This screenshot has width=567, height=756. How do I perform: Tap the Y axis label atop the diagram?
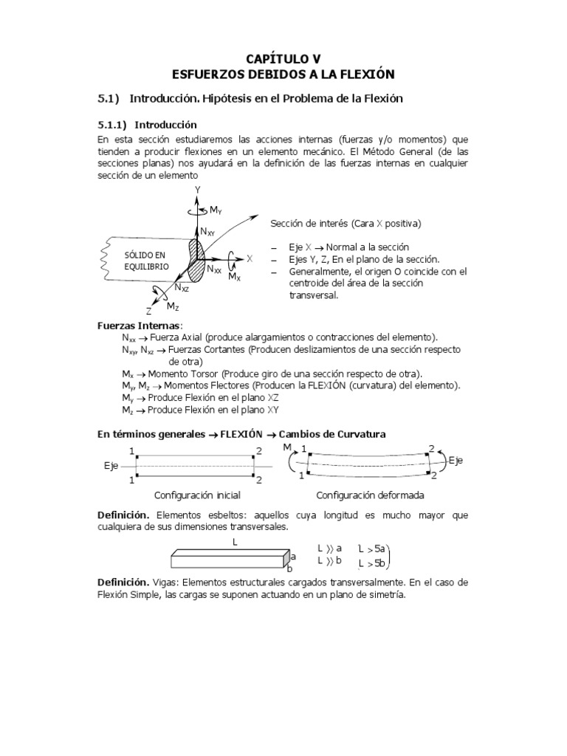point(198,190)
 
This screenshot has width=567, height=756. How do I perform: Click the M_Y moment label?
point(216,211)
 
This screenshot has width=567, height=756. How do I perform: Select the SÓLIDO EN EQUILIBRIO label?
point(146,260)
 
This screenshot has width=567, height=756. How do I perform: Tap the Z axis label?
point(148,311)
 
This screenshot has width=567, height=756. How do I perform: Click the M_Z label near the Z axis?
point(173,306)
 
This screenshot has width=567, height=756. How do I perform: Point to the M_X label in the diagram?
point(234,276)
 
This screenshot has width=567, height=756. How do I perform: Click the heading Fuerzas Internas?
point(139,325)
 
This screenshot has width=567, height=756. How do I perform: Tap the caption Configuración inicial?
point(193,496)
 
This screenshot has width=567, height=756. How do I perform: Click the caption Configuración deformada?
point(370,496)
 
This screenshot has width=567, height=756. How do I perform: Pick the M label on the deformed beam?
point(287,447)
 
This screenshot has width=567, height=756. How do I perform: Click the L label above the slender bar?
point(234,542)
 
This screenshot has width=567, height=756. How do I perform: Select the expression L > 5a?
point(371,549)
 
